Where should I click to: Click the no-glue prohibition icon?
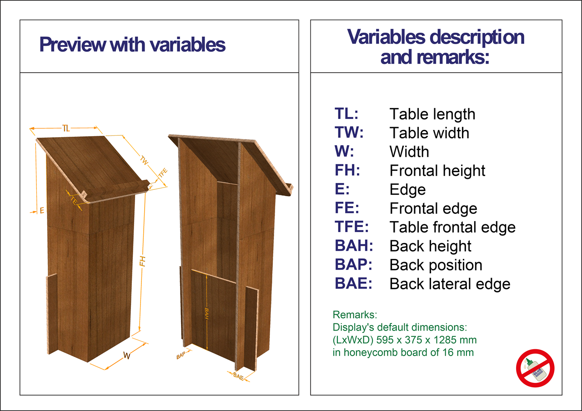tap(535, 368)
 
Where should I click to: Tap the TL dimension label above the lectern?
tap(66, 128)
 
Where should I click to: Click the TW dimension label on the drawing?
tap(144, 160)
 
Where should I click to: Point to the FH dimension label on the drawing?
tap(142, 261)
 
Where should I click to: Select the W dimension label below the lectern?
tap(126, 355)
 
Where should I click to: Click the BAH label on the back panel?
tap(207, 314)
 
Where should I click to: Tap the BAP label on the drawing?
tap(181, 355)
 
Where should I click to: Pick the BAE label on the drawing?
tap(238, 376)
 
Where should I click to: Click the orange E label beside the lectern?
tap(42, 210)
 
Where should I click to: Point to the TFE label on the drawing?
tap(163, 173)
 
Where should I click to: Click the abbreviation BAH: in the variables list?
tap(354, 245)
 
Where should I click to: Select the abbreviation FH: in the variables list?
tap(347, 170)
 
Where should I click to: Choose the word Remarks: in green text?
tap(355, 315)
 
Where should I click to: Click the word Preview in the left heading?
tap(72, 45)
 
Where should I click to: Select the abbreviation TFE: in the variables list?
tap(351, 227)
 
